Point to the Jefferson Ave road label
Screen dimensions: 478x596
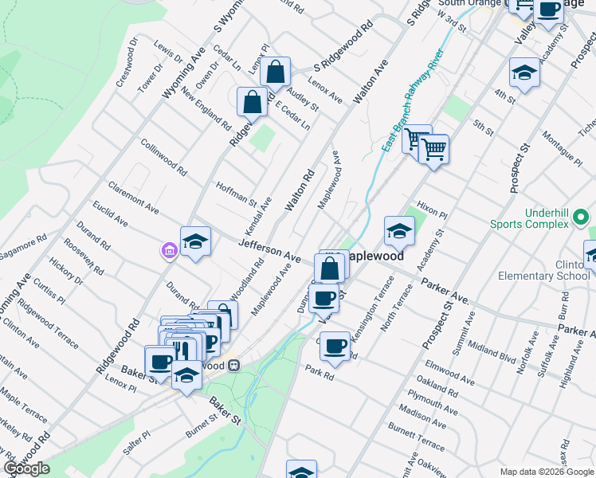(269, 249)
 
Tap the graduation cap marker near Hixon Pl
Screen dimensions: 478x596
(399, 231)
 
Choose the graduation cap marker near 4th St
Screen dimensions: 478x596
(523, 72)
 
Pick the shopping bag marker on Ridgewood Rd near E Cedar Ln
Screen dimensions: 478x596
(252, 101)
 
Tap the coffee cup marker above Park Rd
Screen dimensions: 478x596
(335, 346)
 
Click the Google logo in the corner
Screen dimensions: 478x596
(27, 468)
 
